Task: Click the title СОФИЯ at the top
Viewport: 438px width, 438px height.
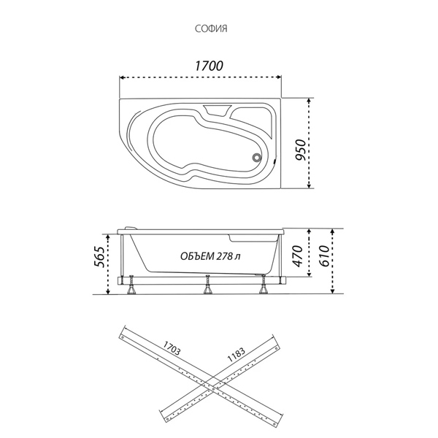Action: pos(211,28)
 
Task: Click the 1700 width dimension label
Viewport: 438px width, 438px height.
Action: pos(209,66)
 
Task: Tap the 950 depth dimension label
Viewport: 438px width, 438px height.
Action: pos(301,150)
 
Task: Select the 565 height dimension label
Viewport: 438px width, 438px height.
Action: pos(100,257)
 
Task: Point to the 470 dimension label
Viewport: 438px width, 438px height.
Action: pos(297,256)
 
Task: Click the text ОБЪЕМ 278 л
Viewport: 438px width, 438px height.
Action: pos(210,256)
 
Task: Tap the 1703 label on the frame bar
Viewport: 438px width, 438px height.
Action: pos(172,347)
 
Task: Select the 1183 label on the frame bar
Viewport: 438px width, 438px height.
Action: pos(237,354)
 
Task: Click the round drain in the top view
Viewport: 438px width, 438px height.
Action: pos(256,158)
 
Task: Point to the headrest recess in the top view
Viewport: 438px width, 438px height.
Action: pos(218,111)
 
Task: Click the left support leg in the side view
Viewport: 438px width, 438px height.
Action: pos(131,285)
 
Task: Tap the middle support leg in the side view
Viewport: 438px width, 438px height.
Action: pos(207,285)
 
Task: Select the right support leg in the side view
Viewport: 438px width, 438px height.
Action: pos(263,285)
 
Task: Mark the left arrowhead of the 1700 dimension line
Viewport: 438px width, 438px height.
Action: pos(121,77)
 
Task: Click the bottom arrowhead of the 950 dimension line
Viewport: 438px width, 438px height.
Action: pos(309,186)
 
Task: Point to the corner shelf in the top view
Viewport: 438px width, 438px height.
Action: pos(253,121)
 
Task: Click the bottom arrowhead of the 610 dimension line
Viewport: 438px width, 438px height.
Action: pos(332,291)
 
